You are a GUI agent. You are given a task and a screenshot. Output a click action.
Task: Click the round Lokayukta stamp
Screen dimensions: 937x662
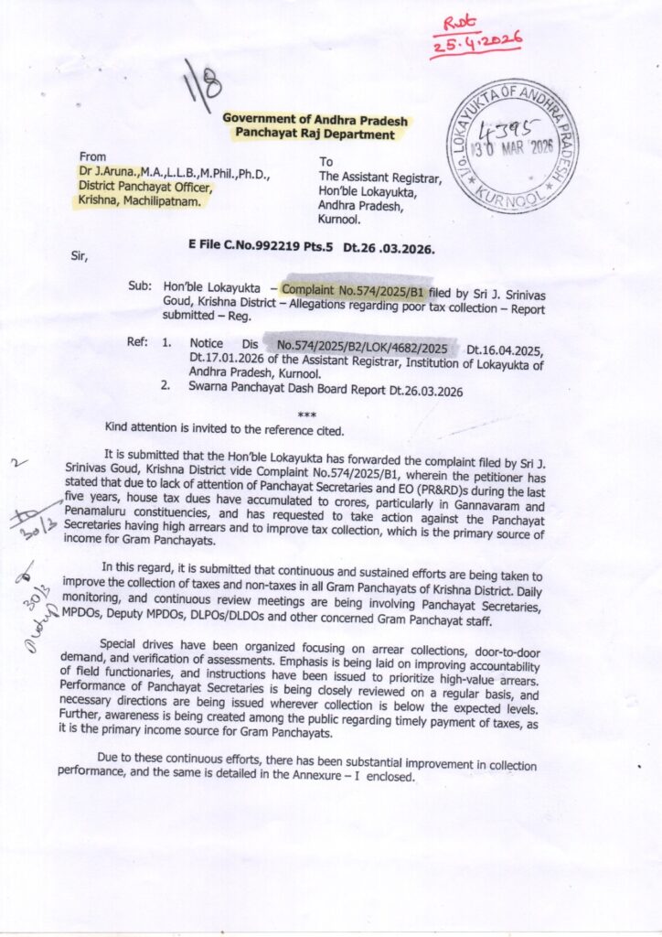pos(511,146)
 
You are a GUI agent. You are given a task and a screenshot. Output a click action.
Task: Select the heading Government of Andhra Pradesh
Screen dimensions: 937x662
pos(315,120)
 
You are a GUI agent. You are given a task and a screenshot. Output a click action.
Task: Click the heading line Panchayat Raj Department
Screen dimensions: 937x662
pos(315,134)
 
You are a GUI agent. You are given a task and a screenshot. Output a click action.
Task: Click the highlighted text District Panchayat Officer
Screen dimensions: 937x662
pos(145,187)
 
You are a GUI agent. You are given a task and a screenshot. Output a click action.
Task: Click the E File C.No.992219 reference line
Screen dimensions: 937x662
pos(311,248)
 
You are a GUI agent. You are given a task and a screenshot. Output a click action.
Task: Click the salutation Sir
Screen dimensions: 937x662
pos(83,255)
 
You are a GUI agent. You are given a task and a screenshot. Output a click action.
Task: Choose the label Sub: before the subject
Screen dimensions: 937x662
pos(140,285)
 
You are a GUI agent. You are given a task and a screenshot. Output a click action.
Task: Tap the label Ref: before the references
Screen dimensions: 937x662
pos(138,343)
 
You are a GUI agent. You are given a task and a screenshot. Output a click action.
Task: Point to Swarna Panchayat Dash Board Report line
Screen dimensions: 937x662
pos(326,391)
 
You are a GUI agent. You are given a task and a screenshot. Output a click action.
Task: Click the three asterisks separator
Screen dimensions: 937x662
pos(307,415)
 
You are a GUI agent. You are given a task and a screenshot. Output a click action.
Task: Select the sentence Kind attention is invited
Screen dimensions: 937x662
pos(224,429)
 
